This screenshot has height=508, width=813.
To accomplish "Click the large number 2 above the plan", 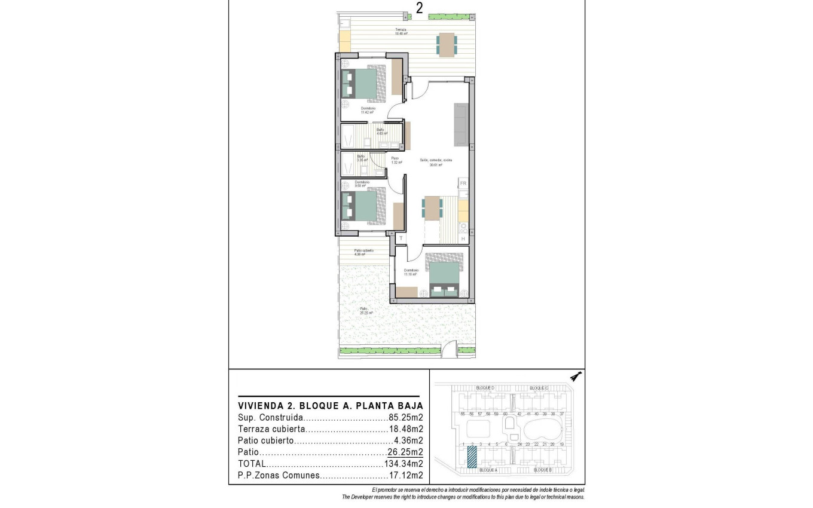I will click(x=420, y=8).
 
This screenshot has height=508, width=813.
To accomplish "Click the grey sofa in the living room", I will click(x=461, y=124).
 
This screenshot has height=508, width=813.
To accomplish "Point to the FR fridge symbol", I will click(x=463, y=183).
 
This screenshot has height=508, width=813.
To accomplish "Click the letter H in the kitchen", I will click(x=463, y=239).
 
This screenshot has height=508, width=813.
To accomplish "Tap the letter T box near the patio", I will click(x=401, y=238).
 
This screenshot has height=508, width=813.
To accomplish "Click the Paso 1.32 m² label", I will click(x=395, y=160).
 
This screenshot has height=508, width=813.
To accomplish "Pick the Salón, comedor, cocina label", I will click(x=436, y=162).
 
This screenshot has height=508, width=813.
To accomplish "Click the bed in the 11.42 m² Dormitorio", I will click(x=361, y=83).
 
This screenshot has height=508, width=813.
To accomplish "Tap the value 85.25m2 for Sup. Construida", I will click(x=406, y=418).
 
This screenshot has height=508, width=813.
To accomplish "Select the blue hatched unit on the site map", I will click(x=472, y=457).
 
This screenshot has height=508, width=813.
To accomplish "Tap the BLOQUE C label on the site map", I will click(x=539, y=388).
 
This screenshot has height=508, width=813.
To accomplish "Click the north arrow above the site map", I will click(x=576, y=376).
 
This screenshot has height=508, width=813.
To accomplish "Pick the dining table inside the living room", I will click(x=432, y=208).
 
